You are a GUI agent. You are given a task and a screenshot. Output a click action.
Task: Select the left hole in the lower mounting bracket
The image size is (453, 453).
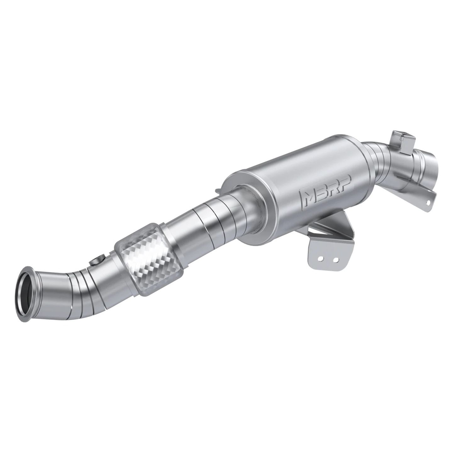click(x=320, y=259)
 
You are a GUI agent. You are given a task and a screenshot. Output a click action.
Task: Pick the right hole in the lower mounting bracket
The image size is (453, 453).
click(x=336, y=259)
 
